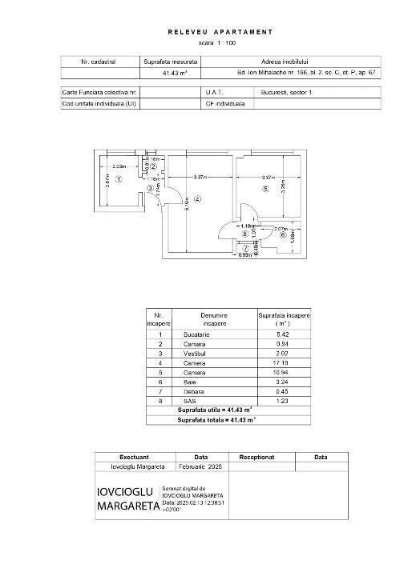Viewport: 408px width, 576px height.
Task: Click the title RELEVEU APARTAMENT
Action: tap(220, 32)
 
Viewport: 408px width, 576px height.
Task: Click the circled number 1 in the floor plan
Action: tap(117, 180)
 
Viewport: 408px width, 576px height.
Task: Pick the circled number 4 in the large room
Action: tap(197, 198)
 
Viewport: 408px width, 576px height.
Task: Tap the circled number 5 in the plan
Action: tap(265, 189)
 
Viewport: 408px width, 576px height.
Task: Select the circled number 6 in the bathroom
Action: tap(283, 236)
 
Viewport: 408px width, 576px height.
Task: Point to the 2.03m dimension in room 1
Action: tap(119, 166)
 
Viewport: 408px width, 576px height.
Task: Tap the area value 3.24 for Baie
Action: tap(283, 382)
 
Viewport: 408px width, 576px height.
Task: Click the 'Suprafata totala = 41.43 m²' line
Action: tap(217, 419)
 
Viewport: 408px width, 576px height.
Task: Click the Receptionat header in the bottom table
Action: tap(261, 458)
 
